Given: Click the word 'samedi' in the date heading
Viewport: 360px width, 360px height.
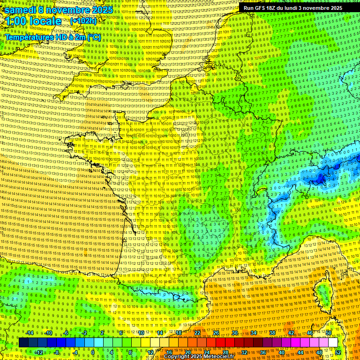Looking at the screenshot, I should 20,10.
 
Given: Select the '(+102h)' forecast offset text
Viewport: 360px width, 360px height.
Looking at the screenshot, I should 83,21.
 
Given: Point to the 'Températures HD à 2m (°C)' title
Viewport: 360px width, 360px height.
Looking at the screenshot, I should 53,37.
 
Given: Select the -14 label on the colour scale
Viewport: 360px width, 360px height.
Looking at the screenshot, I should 30,333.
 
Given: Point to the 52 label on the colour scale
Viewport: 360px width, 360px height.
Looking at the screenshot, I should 338,352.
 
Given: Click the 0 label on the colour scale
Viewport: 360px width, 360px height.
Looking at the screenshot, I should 93,352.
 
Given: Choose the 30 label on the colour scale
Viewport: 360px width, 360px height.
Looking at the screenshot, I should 234,333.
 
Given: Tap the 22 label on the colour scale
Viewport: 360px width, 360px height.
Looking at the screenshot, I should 197,333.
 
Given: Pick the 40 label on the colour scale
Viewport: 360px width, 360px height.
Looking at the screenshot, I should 282,352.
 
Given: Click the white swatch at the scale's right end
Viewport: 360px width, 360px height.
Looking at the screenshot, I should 333,343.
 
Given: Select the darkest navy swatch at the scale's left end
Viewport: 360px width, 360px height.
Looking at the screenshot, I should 23,343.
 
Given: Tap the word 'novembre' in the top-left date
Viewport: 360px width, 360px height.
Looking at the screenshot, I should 66,10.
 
